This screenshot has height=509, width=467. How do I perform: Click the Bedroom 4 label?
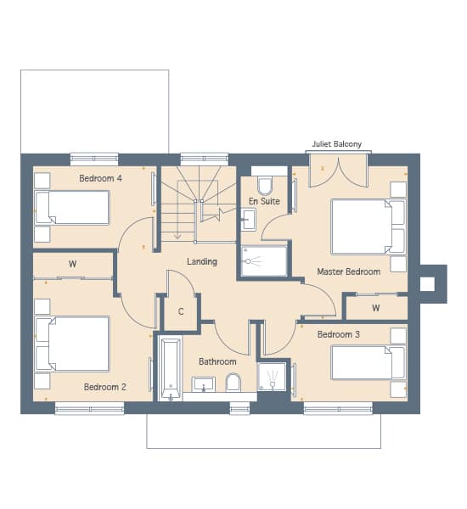[x=100, y=178]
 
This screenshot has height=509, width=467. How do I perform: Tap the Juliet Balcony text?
[x=337, y=144]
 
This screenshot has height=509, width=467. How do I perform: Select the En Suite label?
[x=264, y=201]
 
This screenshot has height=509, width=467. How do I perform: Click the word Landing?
[x=202, y=261]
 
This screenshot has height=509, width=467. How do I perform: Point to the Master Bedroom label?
[x=349, y=271]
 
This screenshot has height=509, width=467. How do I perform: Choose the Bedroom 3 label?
[x=339, y=334]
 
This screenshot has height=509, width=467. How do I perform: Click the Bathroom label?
[x=217, y=361]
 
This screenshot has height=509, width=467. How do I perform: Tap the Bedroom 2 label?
[x=105, y=387]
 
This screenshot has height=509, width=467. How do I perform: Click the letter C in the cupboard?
[x=181, y=311]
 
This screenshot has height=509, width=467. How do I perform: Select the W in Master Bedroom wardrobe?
[x=376, y=308]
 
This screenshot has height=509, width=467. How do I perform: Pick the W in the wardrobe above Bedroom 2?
[x=72, y=264]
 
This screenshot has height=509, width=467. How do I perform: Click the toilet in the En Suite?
[x=265, y=185]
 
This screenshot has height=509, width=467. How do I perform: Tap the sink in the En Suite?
[x=248, y=220]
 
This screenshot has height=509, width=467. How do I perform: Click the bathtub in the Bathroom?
[x=171, y=368]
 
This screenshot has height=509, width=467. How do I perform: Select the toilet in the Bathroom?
[x=233, y=382]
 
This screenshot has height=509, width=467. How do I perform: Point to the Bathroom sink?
[x=204, y=384]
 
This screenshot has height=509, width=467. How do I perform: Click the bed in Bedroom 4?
[x=72, y=208]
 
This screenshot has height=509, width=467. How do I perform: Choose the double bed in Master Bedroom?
[x=369, y=227]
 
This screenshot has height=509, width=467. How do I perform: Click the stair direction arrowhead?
[x=177, y=236]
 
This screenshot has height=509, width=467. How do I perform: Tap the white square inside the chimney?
[x=427, y=284]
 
